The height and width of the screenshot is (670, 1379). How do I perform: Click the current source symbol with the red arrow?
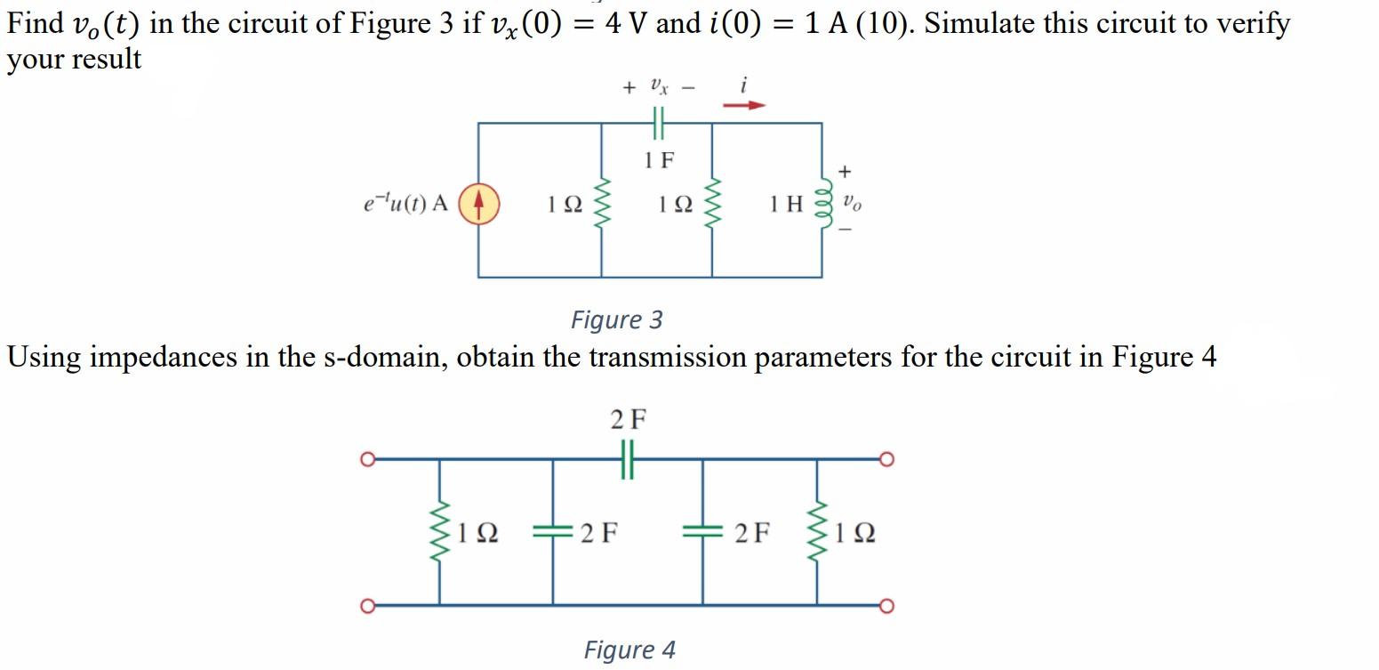(478, 204)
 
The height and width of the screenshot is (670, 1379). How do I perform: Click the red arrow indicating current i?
(743, 105)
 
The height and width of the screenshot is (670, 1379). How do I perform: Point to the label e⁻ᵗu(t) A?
(405, 204)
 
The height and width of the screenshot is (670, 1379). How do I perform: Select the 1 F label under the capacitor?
(659, 160)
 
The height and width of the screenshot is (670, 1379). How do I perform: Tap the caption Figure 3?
(616, 319)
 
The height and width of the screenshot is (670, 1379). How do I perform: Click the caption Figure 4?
(629, 650)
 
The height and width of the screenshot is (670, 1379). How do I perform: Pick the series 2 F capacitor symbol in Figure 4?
(628, 460)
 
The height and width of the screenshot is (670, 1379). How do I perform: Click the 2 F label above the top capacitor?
(628, 419)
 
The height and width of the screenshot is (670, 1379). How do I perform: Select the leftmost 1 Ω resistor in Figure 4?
(438, 533)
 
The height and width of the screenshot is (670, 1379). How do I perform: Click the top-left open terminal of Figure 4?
(364, 459)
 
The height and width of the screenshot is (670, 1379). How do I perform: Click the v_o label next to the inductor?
(851, 203)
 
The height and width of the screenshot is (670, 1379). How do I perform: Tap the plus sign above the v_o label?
(845, 170)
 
